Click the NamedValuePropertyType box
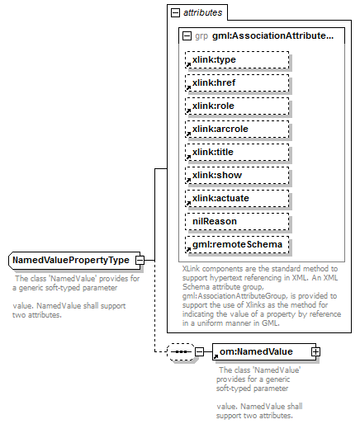(72, 261)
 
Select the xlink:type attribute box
(237, 60)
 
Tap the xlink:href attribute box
(237, 83)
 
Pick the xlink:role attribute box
(237, 106)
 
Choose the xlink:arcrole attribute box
(237, 130)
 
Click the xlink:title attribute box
(237, 153)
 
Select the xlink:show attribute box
(237, 176)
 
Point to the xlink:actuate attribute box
(237, 199)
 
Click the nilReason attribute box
(237, 222)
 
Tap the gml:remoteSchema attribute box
(237, 245)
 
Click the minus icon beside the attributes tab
(175, 13)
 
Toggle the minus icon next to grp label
(187, 36)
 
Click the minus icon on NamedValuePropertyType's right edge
(140, 261)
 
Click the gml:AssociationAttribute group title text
(272, 36)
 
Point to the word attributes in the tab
(201, 13)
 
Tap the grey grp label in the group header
(201, 36)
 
